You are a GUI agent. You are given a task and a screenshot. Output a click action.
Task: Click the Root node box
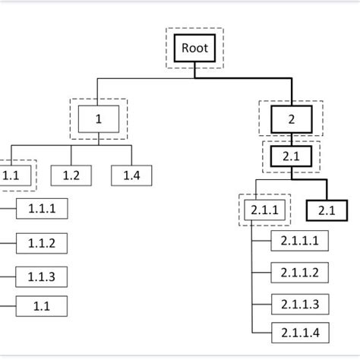[x=194, y=49]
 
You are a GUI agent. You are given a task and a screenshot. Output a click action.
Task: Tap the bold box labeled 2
[x=291, y=120]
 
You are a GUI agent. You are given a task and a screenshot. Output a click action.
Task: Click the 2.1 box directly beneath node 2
[x=291, y=155]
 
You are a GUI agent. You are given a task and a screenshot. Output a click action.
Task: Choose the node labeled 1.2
[x=71, y=175]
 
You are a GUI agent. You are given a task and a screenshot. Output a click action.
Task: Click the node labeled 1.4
[x=131, y=175]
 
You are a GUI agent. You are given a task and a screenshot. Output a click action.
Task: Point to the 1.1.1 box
[x=41, y=207]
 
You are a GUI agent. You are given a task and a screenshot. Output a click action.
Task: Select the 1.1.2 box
[x=41, y=243]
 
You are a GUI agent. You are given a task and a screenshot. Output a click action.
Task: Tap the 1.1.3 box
[x=41, y=276]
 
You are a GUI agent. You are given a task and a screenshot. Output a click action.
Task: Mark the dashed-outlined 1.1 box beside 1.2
[x=11, y=175]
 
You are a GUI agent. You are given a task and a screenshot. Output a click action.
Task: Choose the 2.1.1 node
[x=264, y=209]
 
